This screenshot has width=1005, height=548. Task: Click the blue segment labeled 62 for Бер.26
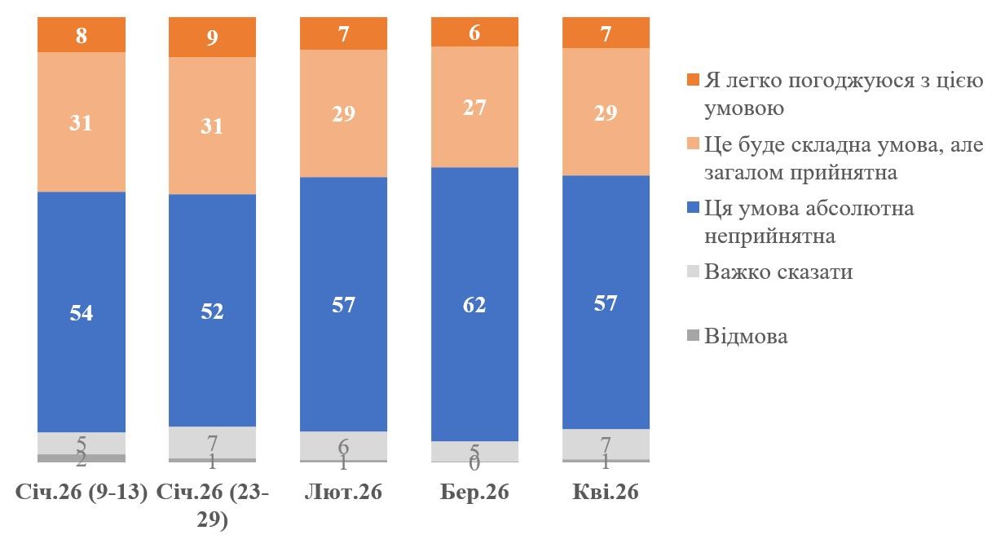(474, 304)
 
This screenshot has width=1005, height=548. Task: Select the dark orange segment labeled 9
(212, 38)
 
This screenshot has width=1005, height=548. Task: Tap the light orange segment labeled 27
(474, 107)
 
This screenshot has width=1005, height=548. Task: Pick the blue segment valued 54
(82, 312)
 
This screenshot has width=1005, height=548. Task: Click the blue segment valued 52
(212, 311)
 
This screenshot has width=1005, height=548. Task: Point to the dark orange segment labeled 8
(82, 35)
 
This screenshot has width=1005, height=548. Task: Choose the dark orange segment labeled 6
(474, 32)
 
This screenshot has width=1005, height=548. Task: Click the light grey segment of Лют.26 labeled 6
(343, 445)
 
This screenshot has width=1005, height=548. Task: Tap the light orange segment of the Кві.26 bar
(606, 112)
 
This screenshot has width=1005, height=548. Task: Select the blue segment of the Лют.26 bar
(343, 304)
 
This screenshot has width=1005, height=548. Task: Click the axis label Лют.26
(343, 493)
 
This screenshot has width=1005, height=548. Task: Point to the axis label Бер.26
(474, 493)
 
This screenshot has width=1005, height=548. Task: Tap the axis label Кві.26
(606, 493)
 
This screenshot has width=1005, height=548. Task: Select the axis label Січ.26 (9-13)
(82, 493)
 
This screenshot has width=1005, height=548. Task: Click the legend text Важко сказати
(778, 271)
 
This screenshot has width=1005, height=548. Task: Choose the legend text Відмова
(747, 336)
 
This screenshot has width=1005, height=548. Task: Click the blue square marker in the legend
(694, 209)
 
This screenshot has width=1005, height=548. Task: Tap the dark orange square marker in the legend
(694, 81)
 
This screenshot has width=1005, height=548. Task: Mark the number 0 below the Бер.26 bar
(474, 464)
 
